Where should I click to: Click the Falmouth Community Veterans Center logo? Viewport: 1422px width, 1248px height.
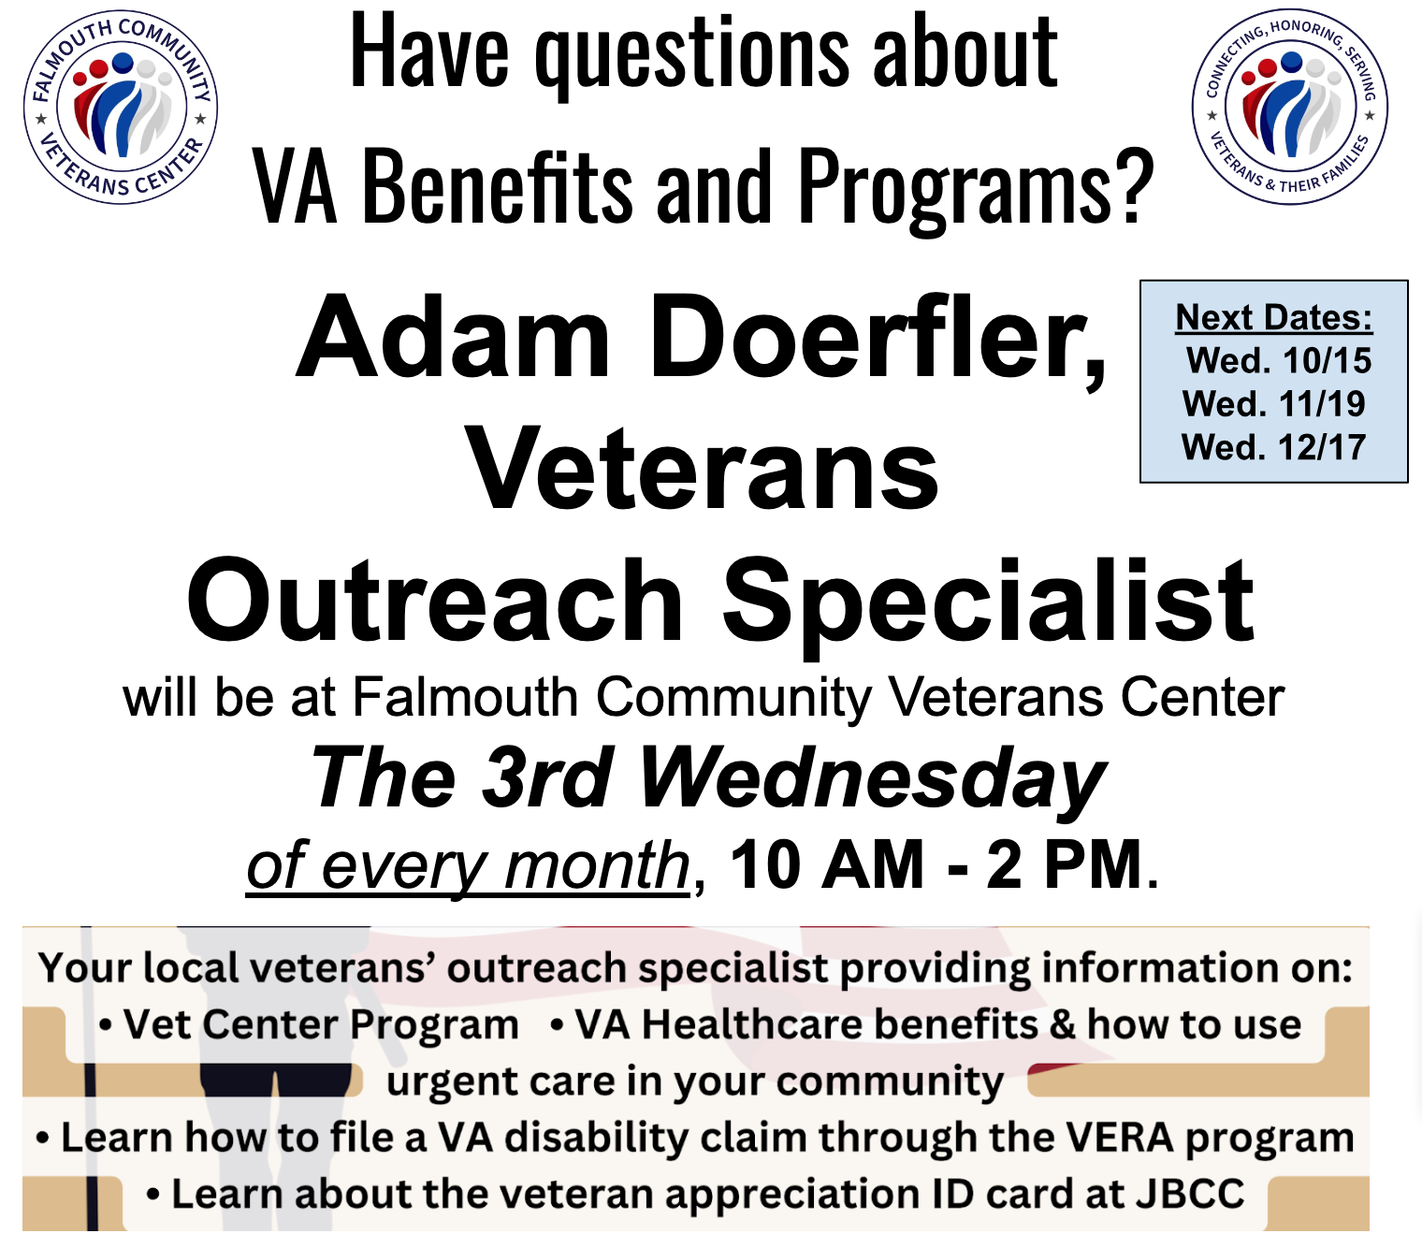tap(121, 108)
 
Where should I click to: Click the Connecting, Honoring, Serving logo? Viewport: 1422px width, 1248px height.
tap(1289, 108)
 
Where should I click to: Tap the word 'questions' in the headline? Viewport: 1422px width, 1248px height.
tap(691, 55)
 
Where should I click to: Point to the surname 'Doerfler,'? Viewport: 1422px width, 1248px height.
tap(878, 342)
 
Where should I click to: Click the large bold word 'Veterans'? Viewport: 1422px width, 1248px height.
tap(702, 469)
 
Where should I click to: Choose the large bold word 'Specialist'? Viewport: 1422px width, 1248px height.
tap(988, 608)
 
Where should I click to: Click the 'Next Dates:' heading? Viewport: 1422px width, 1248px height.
tap(1274, 317)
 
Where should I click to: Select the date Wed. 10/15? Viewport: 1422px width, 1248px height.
tap(1278, 361)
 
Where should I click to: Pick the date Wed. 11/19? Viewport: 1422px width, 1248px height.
tap(1274, 404)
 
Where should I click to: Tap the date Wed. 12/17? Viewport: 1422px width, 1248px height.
tap(1274, 447)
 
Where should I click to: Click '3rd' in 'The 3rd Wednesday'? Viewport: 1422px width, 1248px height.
tap(546, 777)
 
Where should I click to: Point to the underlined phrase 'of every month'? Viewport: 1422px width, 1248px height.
tap(468, 866)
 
